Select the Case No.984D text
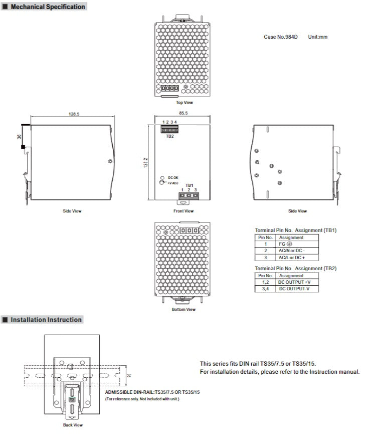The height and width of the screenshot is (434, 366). [280, 37]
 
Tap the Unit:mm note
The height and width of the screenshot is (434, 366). [318, 37]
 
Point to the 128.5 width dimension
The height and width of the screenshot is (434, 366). [74, 114]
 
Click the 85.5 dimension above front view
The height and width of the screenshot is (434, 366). [183, 114]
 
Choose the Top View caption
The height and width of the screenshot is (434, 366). [184, 102]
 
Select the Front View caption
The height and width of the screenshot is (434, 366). [184, 211]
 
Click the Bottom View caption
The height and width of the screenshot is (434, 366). [184, 309]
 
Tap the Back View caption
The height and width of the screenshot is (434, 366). [73, 425]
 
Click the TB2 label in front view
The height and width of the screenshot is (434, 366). [170, 136]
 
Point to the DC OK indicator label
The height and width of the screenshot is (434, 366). [173, 178]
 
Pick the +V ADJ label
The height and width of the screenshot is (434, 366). [174, 184]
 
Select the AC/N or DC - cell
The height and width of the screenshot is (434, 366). [291, 250]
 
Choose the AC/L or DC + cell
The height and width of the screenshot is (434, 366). [291, 257]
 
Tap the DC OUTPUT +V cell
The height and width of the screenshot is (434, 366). [294, 282]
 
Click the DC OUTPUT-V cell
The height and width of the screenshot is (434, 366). [294, 289]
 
